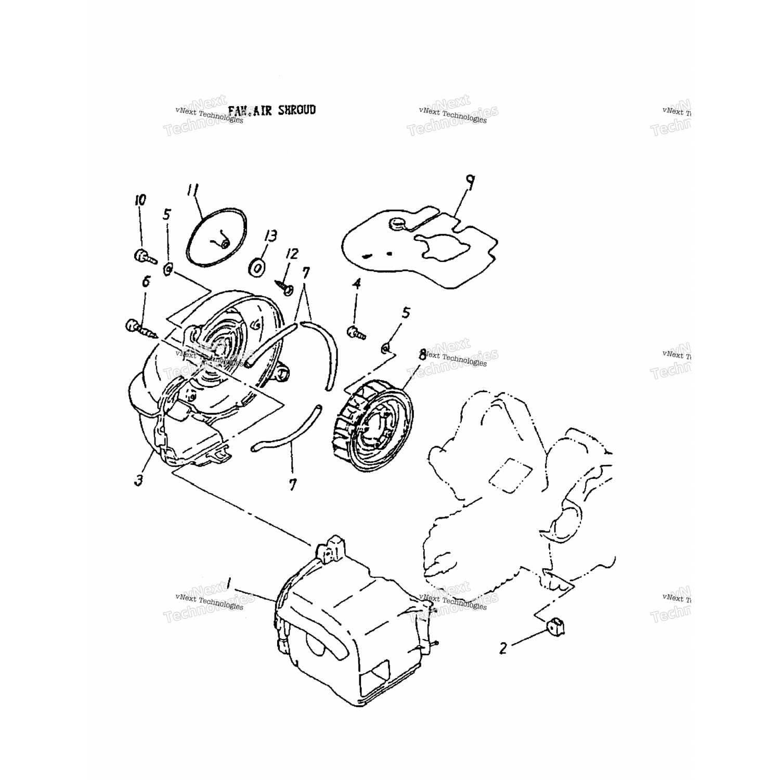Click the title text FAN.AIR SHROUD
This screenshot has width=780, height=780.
[x=271, y=111]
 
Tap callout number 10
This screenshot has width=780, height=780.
[x=140, y=200]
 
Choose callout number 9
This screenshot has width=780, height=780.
[x=470, y=182]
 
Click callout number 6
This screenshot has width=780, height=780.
[x=146, y=281]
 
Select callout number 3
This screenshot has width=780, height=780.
[x=138, y=480]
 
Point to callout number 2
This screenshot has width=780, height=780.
[x=503, y=648]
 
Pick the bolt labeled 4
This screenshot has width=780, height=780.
[x=357, y=332]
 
